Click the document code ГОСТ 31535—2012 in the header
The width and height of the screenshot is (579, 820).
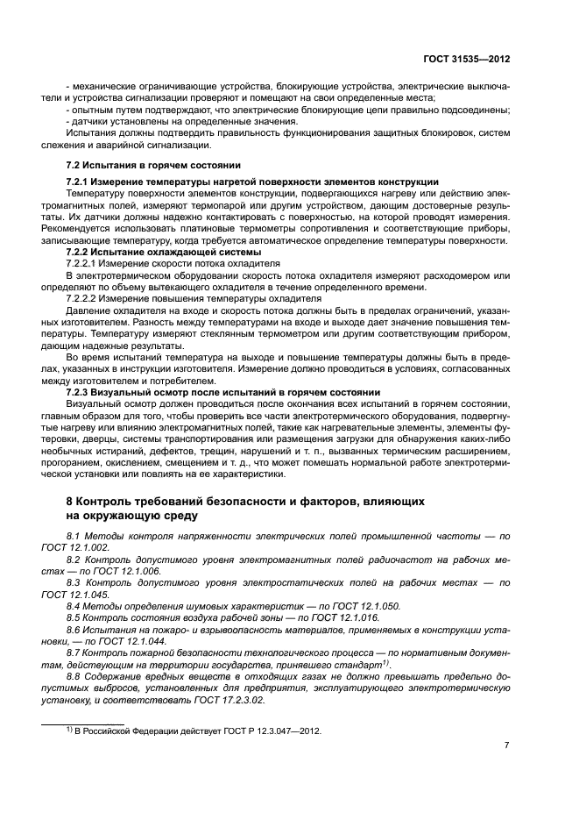point(469,60)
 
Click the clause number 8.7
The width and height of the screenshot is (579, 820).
point(74,652)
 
